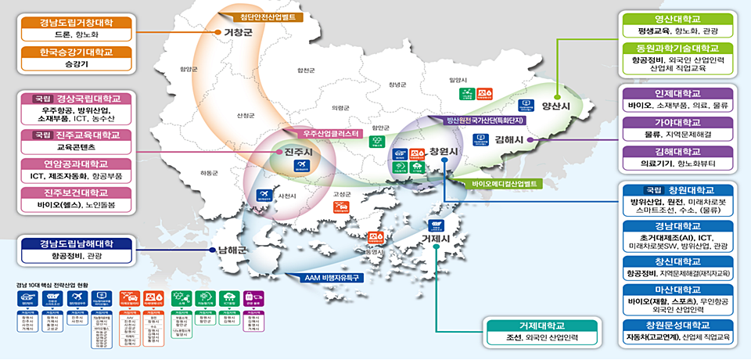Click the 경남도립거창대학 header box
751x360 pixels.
click(77, 23)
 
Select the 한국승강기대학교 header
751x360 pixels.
click(77, 52)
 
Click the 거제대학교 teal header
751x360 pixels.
click(541, 326)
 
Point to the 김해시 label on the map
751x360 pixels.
click(508, 139)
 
